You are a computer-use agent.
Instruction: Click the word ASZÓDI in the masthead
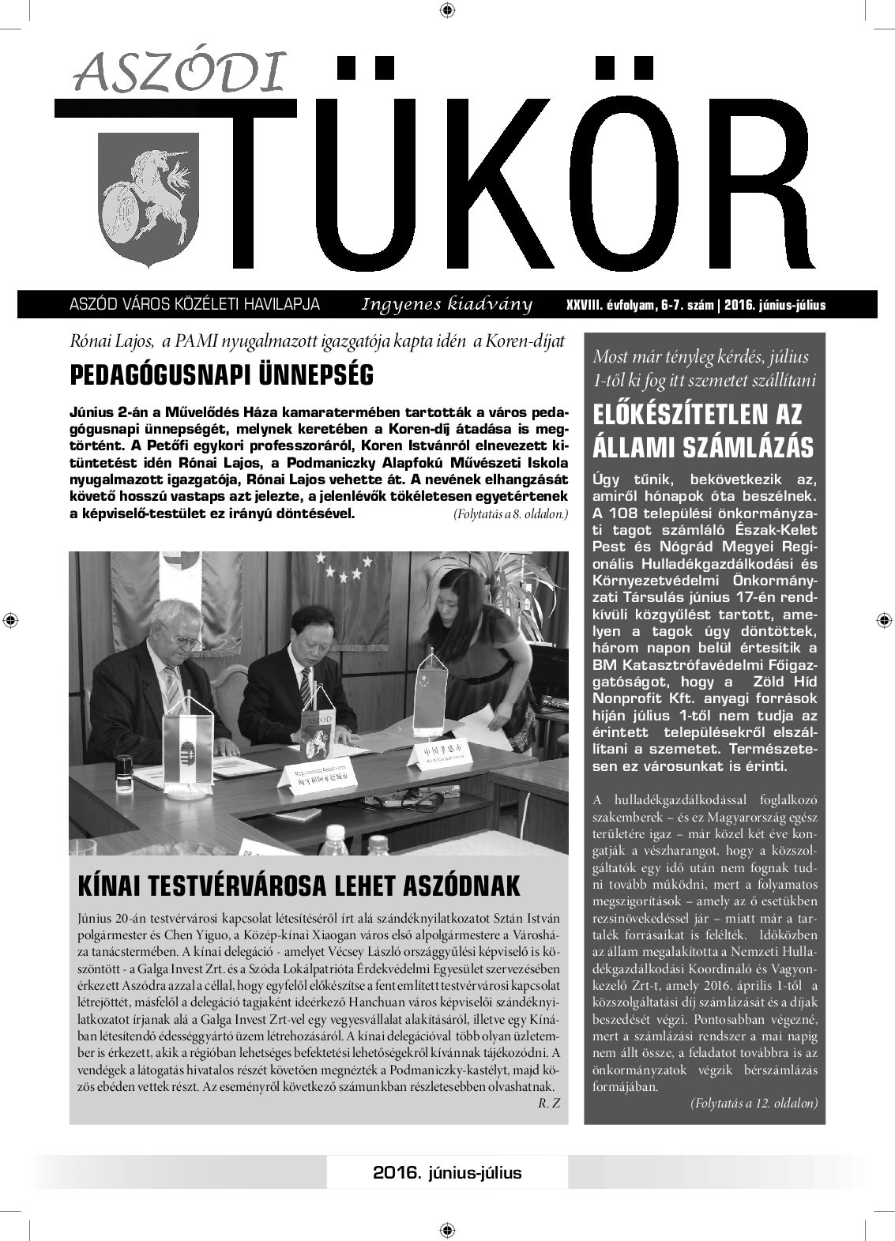pos(179,75)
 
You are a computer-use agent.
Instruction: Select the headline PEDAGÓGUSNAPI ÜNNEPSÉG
pos(222,375)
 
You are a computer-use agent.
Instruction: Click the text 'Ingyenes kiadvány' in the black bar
pos(446,305)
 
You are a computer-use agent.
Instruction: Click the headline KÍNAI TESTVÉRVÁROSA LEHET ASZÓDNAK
pos(299,886)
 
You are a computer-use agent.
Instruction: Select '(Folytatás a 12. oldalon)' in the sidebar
pos(754,1102)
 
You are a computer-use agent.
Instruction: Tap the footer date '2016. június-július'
pos(447,1172)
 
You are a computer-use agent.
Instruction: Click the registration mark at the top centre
pos(447,10)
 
